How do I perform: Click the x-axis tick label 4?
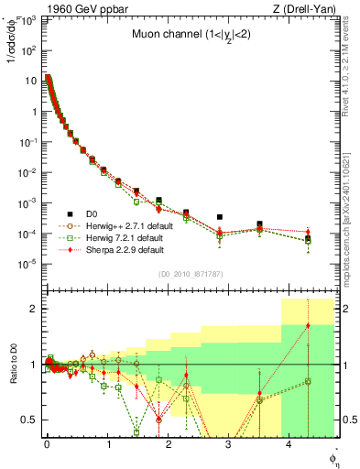289,443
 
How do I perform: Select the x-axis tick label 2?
168,443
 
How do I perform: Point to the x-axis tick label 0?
47,443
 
